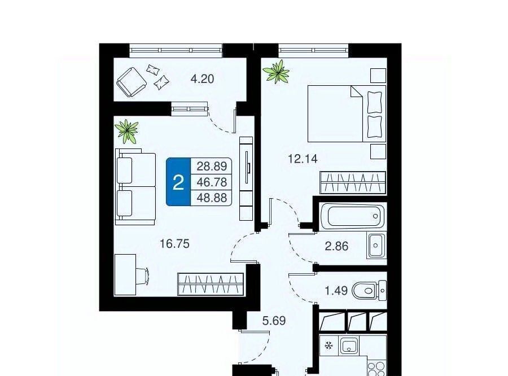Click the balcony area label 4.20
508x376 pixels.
pyautogui.click(x=202, y=79)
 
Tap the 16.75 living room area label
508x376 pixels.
pyautogui.click(x=174, y=243)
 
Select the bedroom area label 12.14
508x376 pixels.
pyautogui.click(x=303, y=159)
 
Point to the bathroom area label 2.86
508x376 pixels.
pyautogui.click(x=336, y=246)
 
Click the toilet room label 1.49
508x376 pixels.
pyautogui.click(x=336, y=290)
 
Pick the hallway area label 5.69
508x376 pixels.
pyautogui.click(x=274, y=321)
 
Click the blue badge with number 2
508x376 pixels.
pyautogui.click(x=178, y=182)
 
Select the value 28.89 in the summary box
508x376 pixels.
pyautogui.click(x=212, y=167)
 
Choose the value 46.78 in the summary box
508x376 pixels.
pyautogui.click(x=212, y=182)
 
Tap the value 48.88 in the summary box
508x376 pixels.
pyautogui.click(x=212, y=198)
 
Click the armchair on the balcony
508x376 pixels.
pyautogui.click(x=131, y=82)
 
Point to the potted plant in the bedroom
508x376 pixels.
pyautogui.click(x=277, y=72)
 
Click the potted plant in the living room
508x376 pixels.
pyautogui.click(x=126, y=131)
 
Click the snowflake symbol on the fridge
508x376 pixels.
pyautogui.click(x=329, y=346)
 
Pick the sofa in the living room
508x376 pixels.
pyautogui.click(x=135, y=187)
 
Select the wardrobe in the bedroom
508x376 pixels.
pyautogui.click(x=353, y=183)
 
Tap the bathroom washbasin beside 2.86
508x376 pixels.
pyautogui.click(x=376, y=245)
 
